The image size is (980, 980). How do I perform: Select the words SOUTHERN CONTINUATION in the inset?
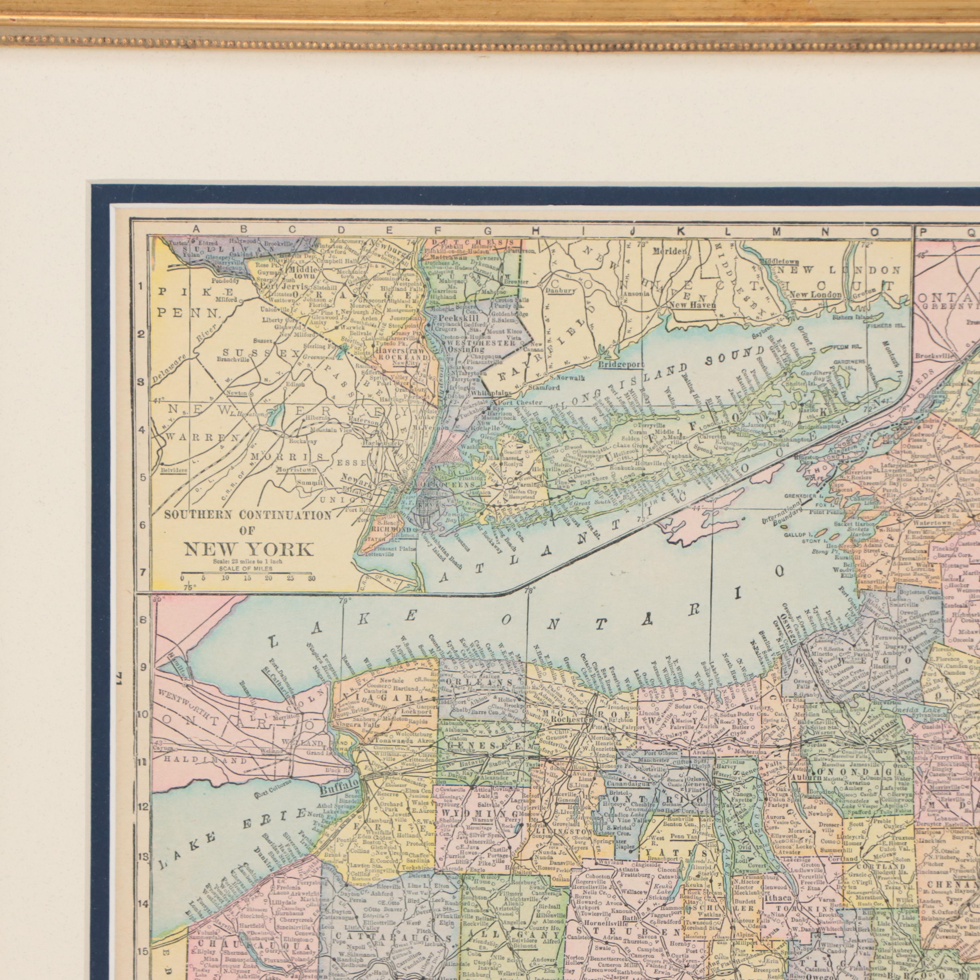tap(248, 515)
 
